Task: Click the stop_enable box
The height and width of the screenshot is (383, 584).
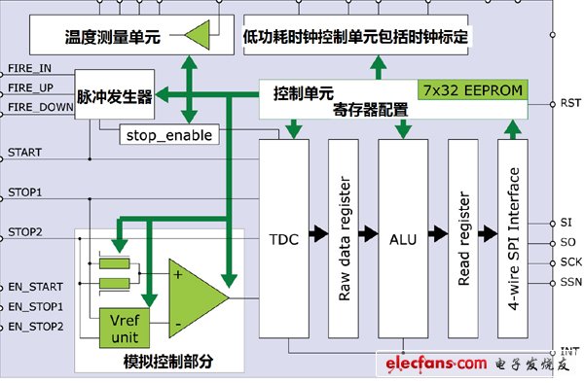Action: [x=168, y=134]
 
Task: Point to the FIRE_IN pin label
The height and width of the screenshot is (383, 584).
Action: [x=30, y=70]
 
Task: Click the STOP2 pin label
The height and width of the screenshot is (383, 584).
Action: [x=24, y=231]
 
